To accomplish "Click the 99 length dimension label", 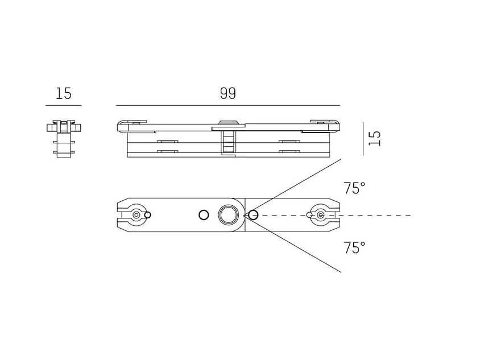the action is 228,93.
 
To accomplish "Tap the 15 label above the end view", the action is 64,93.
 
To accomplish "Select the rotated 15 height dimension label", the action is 374,138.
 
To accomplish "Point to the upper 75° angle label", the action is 354,188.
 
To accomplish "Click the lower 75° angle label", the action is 354,248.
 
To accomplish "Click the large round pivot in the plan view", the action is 227,215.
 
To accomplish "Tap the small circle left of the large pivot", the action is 204,215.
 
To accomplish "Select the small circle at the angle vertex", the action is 253,215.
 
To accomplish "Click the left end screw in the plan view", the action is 136,215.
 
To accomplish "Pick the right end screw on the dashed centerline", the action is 321,215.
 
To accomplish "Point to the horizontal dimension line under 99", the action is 228,105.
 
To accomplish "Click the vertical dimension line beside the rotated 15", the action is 363,139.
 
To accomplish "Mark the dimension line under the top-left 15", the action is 63,105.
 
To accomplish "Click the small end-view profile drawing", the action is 64,139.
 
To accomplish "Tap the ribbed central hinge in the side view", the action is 227,142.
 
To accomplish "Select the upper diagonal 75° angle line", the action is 292,187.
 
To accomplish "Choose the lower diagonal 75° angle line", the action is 292,243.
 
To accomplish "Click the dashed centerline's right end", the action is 411,215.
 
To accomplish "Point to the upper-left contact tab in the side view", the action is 167,142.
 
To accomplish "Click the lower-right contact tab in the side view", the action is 289,151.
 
